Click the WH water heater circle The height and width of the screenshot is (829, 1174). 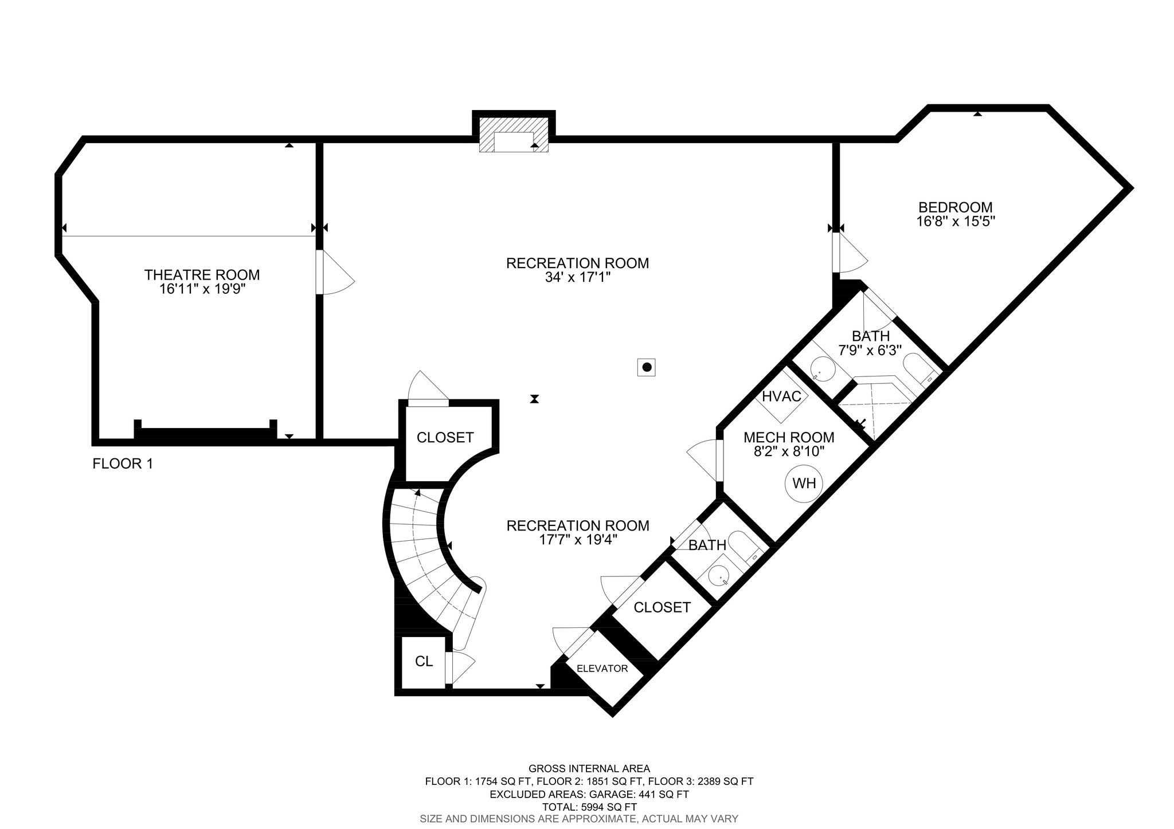click(804, 483)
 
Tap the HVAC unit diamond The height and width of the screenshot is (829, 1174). click(782, 396)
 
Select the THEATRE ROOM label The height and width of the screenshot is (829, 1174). click(202, 275)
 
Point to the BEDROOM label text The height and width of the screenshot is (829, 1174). click(956, 207)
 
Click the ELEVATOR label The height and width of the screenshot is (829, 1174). click(602, 669)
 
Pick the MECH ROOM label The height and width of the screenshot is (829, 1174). click(789, 438)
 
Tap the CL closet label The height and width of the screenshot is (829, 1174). click(424, 661)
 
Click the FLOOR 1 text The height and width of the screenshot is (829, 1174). click(123, 463)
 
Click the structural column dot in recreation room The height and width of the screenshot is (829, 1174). click(647, 367)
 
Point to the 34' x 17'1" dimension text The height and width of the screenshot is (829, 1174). click(577, 278)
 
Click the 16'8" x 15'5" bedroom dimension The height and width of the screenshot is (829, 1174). click(956, 221)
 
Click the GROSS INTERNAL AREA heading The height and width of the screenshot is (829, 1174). click(589, 768)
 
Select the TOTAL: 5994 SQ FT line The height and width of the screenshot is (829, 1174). click(589, 807)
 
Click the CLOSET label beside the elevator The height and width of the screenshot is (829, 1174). click(662, 607)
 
